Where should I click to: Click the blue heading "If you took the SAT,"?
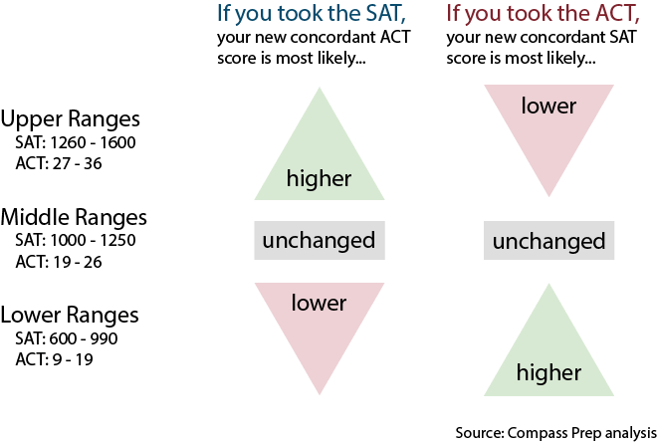pos(312,14)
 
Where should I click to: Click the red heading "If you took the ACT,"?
pos(543,14)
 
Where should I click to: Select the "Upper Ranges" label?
pos(70,119)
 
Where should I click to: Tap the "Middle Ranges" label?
pos(74,218)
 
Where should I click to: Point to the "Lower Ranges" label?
pos(70,316)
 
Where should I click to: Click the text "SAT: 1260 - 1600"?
pos(76,143)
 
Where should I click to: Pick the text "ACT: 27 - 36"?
pos(59,163)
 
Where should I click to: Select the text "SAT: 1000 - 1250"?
pos(76,241)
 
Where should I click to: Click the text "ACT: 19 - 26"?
pos(59,263)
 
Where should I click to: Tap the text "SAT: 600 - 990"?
pos(67,338)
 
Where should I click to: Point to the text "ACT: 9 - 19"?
pos(54,359)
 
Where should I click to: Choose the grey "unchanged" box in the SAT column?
pos(320,241)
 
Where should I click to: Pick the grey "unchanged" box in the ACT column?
pos(548,241)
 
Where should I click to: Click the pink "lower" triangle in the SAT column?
pos(320,321)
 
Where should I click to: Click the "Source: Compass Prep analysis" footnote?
pos(556,433)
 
